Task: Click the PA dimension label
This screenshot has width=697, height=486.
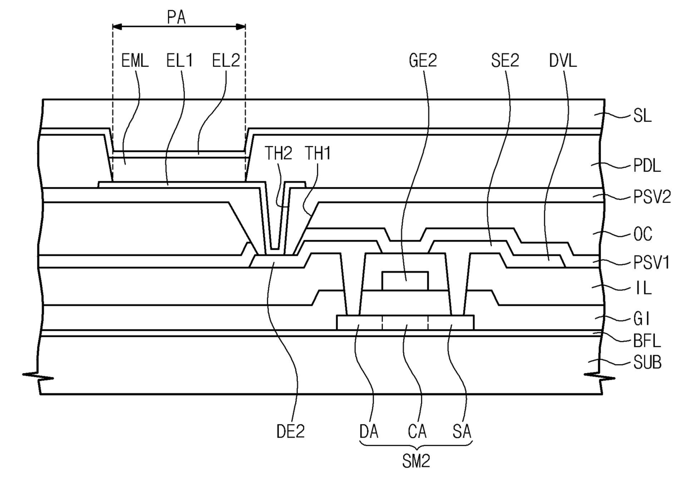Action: click(x=176, y=18)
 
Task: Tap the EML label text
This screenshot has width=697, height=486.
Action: click(x=135, y=61)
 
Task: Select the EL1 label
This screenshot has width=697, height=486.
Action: click(x=179, y=61)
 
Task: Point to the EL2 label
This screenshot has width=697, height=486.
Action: click(x=226, y=61)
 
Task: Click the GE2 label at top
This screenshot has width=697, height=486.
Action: click(x=423, y=61)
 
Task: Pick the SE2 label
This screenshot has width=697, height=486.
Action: click(x=505, y=61)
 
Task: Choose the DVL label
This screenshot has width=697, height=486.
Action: click(x=563, y=61)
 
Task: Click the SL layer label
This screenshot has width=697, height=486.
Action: click(x=642, y=117)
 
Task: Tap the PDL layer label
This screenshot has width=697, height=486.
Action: click(x=647, y=166)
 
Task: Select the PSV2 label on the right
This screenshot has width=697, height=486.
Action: click(x=652, y=197)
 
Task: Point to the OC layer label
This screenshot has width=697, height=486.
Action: click(x=643, y=234)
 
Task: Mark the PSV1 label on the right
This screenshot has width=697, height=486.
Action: click(x=651, y=263)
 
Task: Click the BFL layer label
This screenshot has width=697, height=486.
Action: click(x=647, y=342)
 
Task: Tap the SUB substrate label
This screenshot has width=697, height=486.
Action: click(x=648, y=363)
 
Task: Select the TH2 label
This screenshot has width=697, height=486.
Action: click(x=278, y=153)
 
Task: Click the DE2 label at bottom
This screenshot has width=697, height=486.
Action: click(x=291, y=432)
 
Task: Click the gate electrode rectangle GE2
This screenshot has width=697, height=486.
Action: click(x=405, y=281)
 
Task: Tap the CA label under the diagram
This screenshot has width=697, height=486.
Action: click(x=417, y=432)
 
